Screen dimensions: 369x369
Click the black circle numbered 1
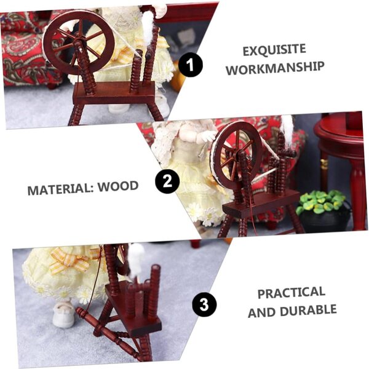(191, 65)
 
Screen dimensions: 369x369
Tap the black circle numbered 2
(167, 181)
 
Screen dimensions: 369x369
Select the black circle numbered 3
(204, 305)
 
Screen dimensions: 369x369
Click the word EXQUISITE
(274, 50)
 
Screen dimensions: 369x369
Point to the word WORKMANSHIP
(275, 68)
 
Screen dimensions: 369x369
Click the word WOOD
(118, 186)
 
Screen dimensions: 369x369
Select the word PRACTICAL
(292, 293)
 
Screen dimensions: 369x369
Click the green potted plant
(322, 202)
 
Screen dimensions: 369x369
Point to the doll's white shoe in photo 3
(63, 314)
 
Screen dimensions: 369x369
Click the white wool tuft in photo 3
(135, 261)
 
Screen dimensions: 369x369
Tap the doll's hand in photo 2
(205, 137)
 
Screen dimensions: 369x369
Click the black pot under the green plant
(327, 218)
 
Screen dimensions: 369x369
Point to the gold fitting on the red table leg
(324, 164)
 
